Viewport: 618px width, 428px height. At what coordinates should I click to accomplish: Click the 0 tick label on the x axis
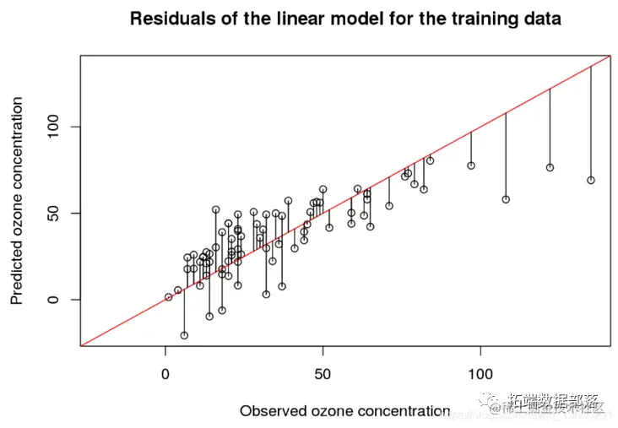[x=166, y=372]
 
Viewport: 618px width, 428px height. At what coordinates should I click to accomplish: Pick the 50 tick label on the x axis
[x=323, y=372]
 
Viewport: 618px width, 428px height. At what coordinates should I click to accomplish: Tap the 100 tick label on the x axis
[x=480, y=372]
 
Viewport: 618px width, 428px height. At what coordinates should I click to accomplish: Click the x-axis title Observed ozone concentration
[x=344, y=411]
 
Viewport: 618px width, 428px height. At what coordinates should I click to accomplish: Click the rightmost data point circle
[x=591, y=180]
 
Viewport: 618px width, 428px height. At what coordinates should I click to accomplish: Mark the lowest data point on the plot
[x=184, y=335]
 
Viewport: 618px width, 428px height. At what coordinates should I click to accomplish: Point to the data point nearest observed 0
[x=169, y=297]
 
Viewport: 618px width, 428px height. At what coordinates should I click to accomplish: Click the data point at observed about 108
[x=506, y=199]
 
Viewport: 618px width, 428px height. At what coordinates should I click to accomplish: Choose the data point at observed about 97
[x=471, y=165]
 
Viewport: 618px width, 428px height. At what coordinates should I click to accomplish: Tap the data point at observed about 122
[x=550, y=167]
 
